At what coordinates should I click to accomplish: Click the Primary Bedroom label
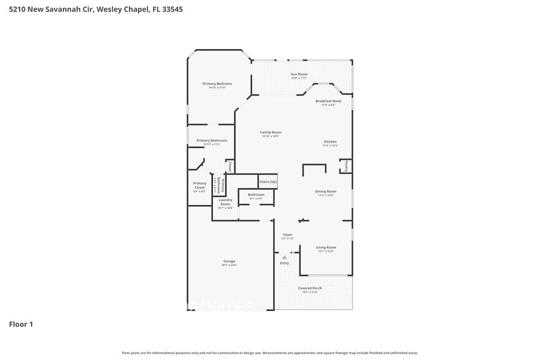tap(217, 83)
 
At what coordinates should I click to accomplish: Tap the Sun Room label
tap(299, 74)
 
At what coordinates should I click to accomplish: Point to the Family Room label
tap(271, 132)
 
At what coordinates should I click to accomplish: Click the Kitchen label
tap(330, 142)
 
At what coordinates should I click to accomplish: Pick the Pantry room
tap(346, 166)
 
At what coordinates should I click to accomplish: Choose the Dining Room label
tap(325, 192)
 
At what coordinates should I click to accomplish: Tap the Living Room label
tap(326, 247)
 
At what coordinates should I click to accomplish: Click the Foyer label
tap(288, 234)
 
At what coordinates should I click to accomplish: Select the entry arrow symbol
tap(284, 257)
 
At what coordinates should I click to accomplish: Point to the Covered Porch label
tap(310, 288)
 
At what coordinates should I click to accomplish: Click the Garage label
tap(229, 261)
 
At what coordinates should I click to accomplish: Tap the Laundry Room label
tap(225, 202)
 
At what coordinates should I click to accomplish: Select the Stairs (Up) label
tap(268, 182)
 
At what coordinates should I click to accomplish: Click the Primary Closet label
tap(200, 186)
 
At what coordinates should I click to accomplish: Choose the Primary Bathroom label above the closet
tap(212, 140)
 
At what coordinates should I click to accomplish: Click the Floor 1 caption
tap(20, 324)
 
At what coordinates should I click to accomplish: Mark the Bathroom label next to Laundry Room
tap(256, 195)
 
